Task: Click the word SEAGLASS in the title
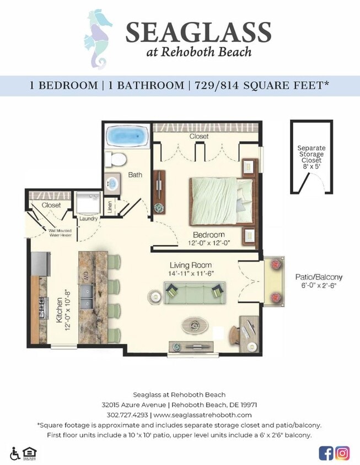pos(198,33)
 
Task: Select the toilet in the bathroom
pos(116,159)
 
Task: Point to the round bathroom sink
pos(113,183)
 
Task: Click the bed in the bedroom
pos(221,199)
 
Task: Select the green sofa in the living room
pos(195,293)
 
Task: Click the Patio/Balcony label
pos(315,277)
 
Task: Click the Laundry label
pos(89,219)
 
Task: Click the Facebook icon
pos(326,453)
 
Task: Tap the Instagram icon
pos(342,453)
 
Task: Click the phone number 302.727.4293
pos(127,415)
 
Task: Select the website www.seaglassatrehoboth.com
pos(202,415)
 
